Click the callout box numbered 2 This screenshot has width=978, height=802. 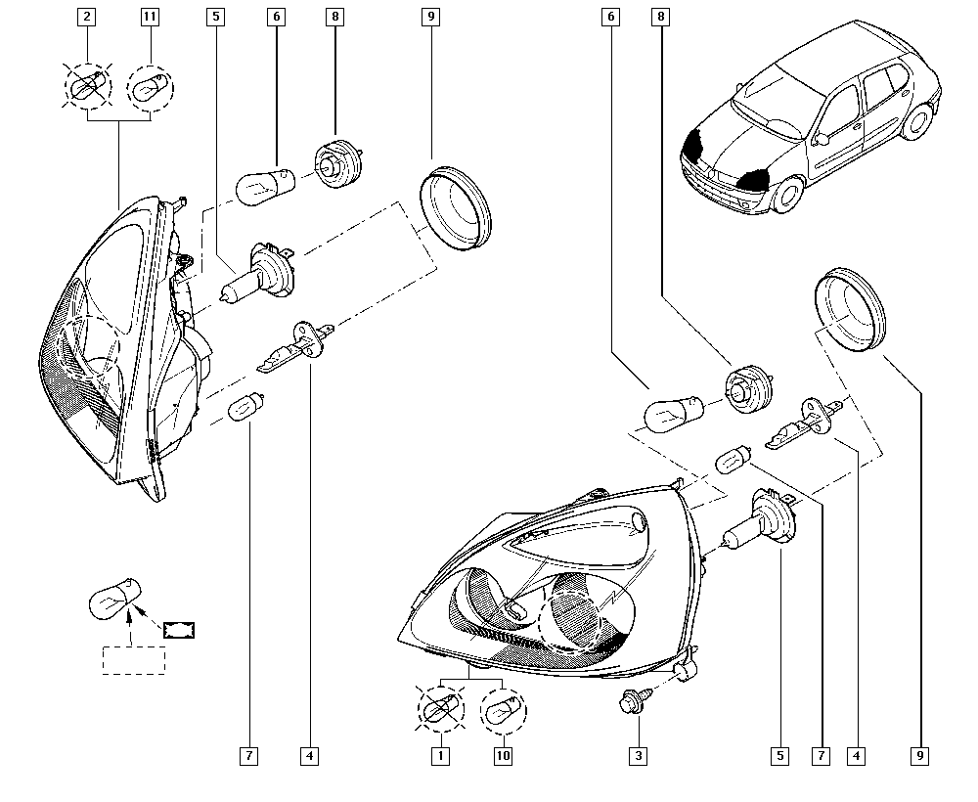point(87,17)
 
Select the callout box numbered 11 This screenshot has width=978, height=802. point(150,17)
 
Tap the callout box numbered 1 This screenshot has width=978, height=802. point(440,756)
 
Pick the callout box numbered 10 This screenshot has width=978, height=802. point(503,756)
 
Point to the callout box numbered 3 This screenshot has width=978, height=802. point(638,756)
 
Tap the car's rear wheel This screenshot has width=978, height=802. point(918,121)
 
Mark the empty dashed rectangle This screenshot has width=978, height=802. point(134,660)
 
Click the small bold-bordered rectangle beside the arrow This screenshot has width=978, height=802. point(179,630)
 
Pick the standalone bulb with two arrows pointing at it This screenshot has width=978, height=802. point(116,600)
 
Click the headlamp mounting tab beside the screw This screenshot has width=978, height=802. point(684,670)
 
